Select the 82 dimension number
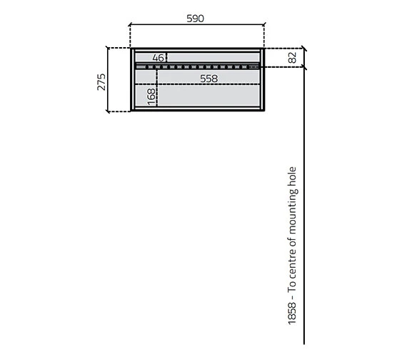(x=293, y=58)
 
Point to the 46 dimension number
(x=158, y=57)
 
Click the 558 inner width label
(x=208, y=78)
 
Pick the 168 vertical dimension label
(x=151, y=97)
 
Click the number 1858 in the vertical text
(x=292, y=311)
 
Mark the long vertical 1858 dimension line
(x=305, y=214)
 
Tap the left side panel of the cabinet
(x=131, y=80)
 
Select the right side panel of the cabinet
(x=262, y=80)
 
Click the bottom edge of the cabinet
(x=196, y=111)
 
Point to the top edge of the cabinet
(x=196, y=49)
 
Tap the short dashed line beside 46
(x=166, y=57)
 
